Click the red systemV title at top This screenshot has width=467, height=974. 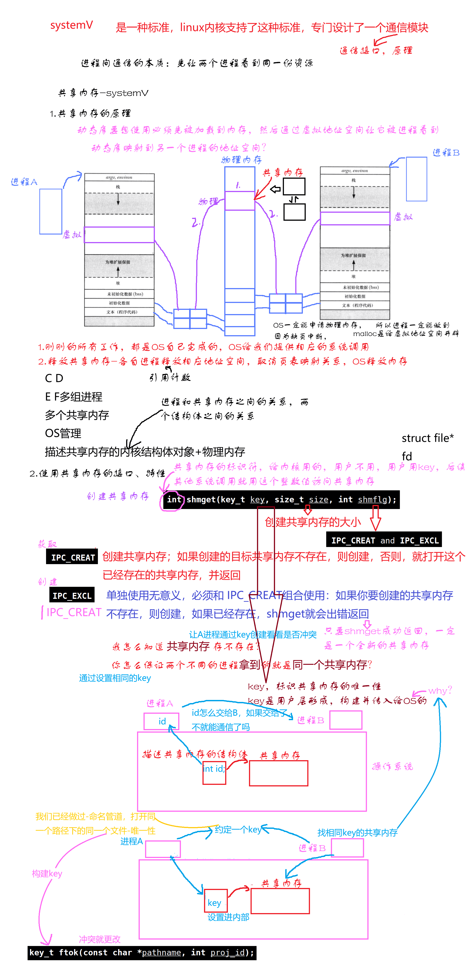click(71, 25)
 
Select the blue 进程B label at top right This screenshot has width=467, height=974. click(446, 153)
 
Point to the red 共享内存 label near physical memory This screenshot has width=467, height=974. click(283, 173)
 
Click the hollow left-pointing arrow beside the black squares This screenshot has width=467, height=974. click(275, 189)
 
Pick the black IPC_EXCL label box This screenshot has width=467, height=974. click(72, 595)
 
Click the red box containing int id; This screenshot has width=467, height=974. click(214, 772)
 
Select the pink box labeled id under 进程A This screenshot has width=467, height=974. click(162, 721)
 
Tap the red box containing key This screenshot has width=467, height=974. click(215, 900)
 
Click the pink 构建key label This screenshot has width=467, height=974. click(47, 874)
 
